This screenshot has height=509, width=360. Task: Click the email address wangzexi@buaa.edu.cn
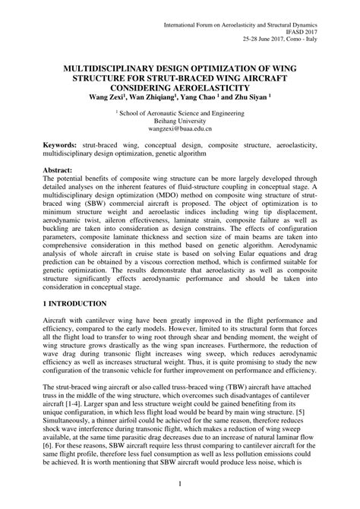180,129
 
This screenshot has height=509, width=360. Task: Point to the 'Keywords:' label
64,144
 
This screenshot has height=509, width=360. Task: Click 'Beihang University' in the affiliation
180,120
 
